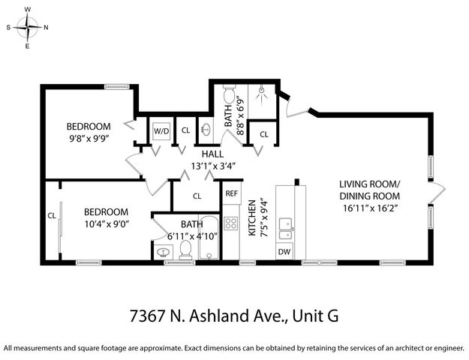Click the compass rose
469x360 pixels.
coord(28,28)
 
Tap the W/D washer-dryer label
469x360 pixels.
coord(161,130)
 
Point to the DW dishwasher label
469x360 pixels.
coord(284,252)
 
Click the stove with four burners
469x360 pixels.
coord(232,223)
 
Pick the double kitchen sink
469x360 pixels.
coord(285,228)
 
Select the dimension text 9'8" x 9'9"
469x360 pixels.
coord(89,138)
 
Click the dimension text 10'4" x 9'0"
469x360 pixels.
coord(106,224)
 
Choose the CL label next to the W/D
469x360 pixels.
coord(185,130)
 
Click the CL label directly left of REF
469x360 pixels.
coord(197,196)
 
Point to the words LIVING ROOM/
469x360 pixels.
coord(370,184)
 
